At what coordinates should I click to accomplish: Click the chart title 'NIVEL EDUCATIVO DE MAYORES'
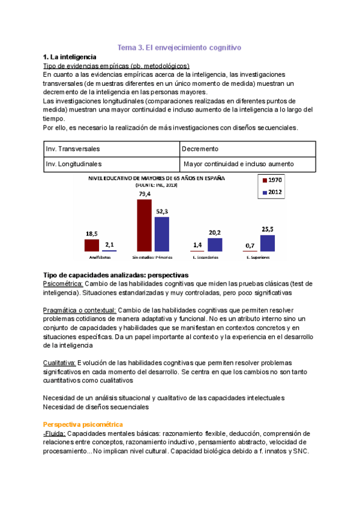(x=157, y=178)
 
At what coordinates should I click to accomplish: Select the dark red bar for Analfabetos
(x=91, y=245)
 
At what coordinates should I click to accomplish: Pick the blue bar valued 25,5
(x=268, y=242)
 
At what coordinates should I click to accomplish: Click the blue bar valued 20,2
(x=215, y=244)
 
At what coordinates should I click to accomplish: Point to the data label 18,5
(x=92, y=233)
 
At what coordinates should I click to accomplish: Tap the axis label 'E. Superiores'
(x=258, y=258)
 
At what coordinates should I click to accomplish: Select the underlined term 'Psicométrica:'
(x=63, y=283)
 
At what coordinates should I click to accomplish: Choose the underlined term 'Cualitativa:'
(x=60, y=363)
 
